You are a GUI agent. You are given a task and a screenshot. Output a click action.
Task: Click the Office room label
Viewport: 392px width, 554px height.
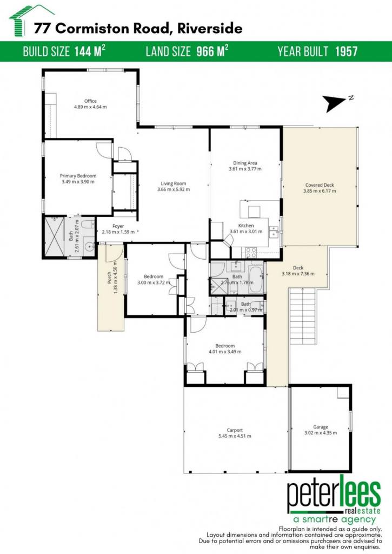pyautogui.click(x=90, y=101)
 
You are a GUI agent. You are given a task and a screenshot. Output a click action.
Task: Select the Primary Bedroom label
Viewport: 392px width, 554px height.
pyautogui.click(x=78, y=176)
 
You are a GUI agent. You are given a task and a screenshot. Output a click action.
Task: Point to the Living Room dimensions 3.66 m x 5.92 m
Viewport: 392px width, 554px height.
pyautogui.click(x=174, y=189)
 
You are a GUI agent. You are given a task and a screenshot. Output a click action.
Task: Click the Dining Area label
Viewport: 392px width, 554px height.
pyautogui.click(x=245, y=163)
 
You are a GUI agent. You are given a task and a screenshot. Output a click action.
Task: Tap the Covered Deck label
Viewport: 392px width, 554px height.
pyautogui.click(x=320, y=185)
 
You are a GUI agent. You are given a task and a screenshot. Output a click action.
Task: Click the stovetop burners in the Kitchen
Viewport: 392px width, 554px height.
pyautogui.click(x=251, y=252)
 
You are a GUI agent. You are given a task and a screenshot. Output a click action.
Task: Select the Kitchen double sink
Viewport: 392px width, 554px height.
pyautogui.click(x=274, y=233)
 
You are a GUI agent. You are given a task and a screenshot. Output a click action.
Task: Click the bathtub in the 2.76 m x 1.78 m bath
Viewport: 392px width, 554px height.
pyautogui.click(x=256, y=280)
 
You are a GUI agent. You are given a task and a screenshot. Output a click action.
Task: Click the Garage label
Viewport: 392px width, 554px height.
pyautogui.click(x=321, y=427)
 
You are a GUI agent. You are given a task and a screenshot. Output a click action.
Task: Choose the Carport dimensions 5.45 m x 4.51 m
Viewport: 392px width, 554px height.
pyautogui.click(x=235, y=436)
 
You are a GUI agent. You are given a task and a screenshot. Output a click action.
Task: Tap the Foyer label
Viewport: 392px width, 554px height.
pyautogui.click(x=118, y=226)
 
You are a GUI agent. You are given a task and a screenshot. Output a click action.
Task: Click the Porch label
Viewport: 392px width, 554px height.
pyautogui.click(x=109, y=278)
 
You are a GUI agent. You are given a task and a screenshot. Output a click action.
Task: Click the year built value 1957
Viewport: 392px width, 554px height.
pyautogui.click(x=347, y=51)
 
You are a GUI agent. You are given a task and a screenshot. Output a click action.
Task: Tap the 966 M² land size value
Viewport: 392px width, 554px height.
pyautogui.click(x=212, y=51)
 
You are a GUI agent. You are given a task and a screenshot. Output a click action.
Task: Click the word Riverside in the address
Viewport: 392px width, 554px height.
pyautogui.click(x=210, y=28)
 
